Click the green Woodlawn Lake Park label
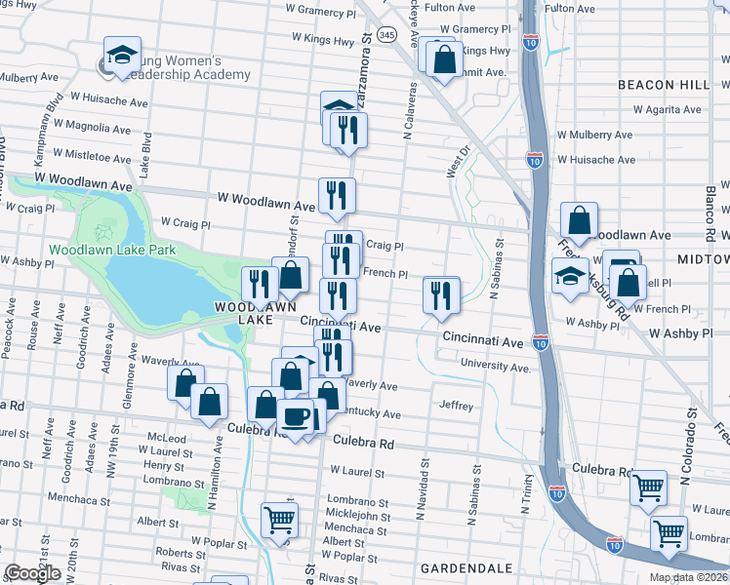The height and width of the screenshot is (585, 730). [x=112, y=250]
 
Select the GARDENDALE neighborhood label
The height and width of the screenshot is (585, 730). [x=460, y=567]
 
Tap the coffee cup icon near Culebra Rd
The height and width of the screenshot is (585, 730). [x=297, y=416]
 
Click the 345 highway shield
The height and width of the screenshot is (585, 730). [x=387, y=34]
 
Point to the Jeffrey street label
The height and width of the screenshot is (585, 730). [x=456, y=406]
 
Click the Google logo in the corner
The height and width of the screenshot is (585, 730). [x=32, y=573]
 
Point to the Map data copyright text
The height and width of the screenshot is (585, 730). [x=689, y=577]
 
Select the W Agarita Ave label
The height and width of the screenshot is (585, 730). [x=667, y=109]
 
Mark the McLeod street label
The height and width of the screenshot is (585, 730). [x=166, y=438]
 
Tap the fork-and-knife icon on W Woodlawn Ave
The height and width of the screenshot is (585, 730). [x=337, y=195]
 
